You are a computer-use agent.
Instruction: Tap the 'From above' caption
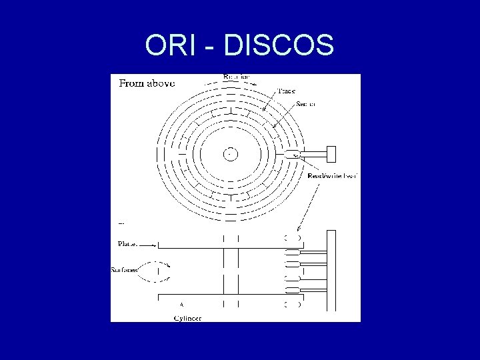147,83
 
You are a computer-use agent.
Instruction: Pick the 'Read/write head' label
334,176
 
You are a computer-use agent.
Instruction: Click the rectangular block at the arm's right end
331,154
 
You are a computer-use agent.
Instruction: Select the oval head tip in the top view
293,154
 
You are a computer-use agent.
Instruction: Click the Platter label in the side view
127,243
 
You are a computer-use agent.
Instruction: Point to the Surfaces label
125,270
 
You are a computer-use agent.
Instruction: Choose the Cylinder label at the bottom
187,319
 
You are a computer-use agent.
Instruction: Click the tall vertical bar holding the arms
331,270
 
